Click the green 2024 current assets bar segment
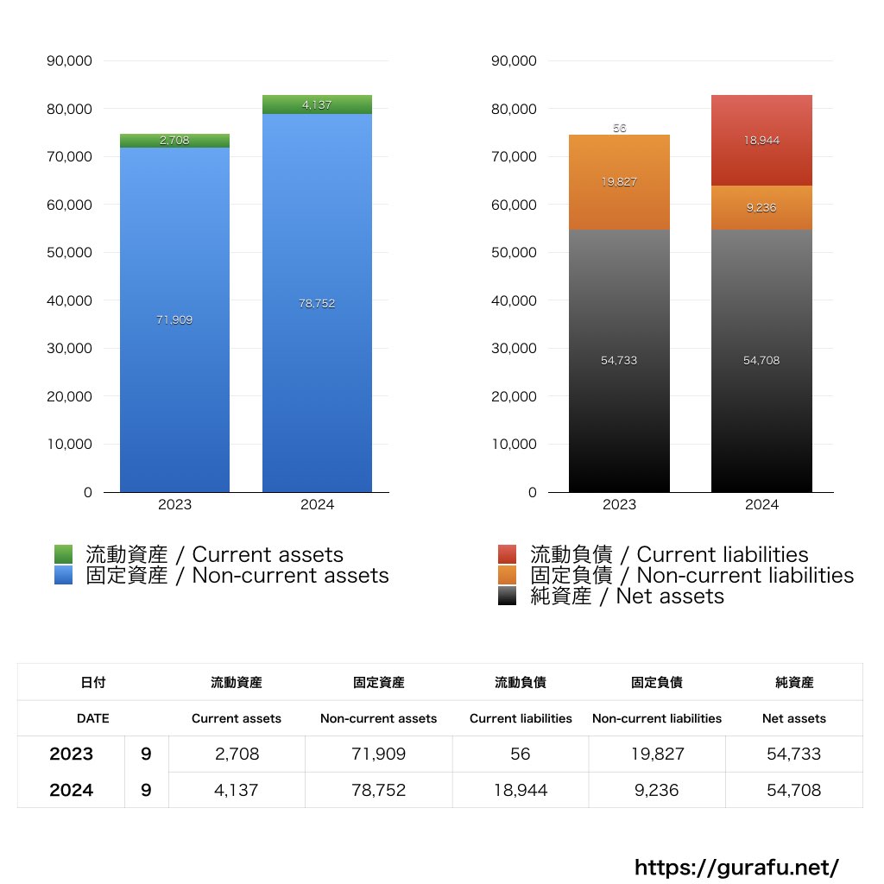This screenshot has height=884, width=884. point(317,104)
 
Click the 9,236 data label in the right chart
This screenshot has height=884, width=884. point(761,207)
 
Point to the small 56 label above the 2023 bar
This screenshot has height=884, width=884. point(619,128)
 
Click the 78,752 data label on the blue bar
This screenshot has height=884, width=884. point(317,304)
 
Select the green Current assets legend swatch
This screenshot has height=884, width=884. point(64,554)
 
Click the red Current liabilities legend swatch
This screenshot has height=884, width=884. point(508,554)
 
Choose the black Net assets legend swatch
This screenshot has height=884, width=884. point(508,596)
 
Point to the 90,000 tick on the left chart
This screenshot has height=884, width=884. point(73,61)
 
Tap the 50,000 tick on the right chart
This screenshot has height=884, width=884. point(515,253)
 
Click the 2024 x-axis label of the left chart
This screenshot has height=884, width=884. point(317,505)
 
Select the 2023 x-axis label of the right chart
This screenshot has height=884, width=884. point(619,505)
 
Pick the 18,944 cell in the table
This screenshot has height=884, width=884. point(520,790)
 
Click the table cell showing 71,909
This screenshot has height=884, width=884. point(378,754)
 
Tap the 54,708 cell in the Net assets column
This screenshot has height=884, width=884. point(793,790)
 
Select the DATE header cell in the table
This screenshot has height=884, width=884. point(92,718)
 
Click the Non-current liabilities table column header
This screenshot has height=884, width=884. point(656,718)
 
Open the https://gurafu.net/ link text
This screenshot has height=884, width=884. point(736,867)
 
